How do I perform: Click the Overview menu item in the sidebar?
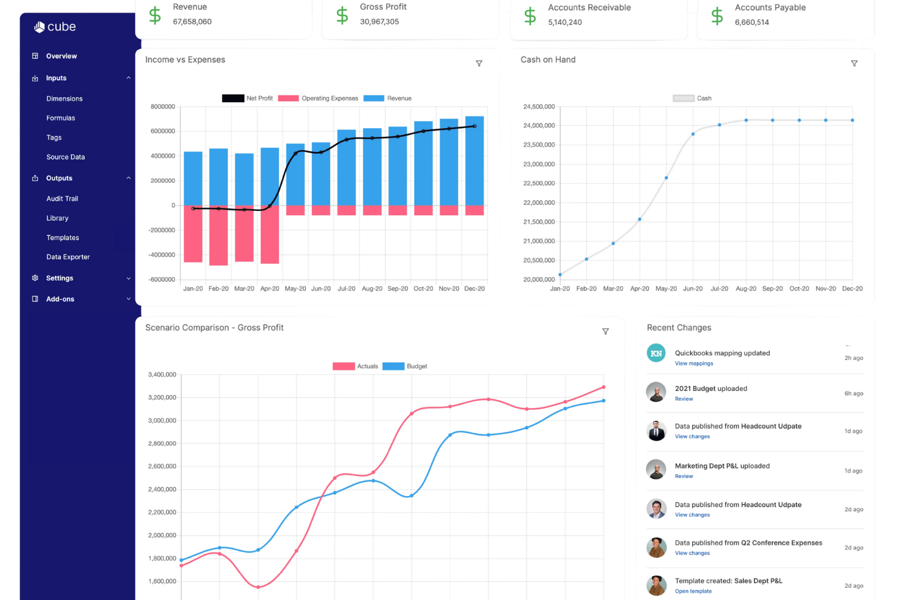pos(61,56)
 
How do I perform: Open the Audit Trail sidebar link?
pos(62,198)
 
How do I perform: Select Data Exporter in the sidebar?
pos(68,257)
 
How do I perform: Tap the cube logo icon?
pos(39,27)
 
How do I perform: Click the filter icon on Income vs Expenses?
pos(479,63)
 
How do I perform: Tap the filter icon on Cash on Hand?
pos(854,63)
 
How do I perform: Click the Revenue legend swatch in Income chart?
pos(373,98)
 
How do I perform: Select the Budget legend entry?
pos(404,367)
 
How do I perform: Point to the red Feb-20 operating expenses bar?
pos(218,235)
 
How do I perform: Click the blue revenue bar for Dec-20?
pos(474,160)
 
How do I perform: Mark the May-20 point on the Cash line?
pos(666,178)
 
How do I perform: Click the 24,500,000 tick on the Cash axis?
pos(539,106)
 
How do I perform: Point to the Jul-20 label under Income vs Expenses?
pos(347,288)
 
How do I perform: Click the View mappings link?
pos(694,364)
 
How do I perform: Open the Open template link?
pos(693,591)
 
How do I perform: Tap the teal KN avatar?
pos(656,353)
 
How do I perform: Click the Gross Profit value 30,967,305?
pos(379,22)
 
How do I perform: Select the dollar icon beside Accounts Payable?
pos(717,16)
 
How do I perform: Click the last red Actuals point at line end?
pos(603,387)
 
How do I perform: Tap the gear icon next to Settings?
pos(35,278)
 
